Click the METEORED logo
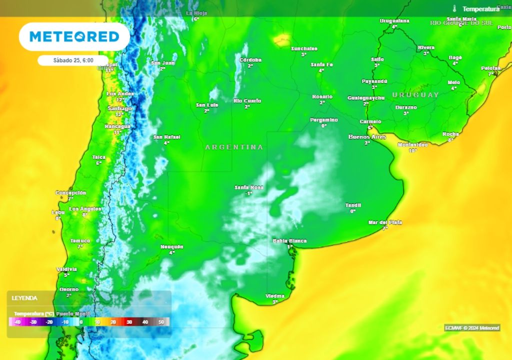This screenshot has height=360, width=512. coord(74,36)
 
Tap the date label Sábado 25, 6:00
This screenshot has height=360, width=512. coord(73,60)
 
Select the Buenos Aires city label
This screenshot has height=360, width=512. coord(366,136)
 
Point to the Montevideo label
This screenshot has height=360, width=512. coord(412,144)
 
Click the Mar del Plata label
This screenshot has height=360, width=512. coord(385,222)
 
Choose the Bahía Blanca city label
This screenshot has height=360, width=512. coord(289,241)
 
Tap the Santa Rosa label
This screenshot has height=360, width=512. coord(249,187)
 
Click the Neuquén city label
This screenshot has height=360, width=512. coord(172,247)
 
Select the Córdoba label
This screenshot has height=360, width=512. coord(250,60)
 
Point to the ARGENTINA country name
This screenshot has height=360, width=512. coord(234,147)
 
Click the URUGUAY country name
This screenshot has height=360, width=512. coord(415,94)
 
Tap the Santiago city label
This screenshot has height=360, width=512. coord(120,108)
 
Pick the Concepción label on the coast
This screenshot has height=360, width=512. coord(70,192)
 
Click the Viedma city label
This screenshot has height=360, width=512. coord(275,296)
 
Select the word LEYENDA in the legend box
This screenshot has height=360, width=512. coord(25,298)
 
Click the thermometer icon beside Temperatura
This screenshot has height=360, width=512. coord(455,8)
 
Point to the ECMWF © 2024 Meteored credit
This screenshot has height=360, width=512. coord(472,328)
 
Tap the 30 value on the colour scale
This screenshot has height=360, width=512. coord(128,322)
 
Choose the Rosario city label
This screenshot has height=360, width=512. coord(322,96)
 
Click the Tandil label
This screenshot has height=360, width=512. coord(353,205)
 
